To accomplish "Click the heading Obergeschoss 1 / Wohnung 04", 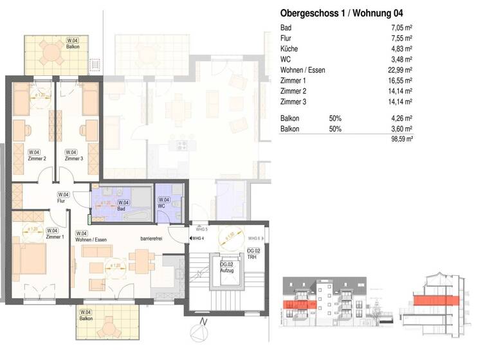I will tap(342, 13).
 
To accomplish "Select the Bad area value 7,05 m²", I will tap(400, 27).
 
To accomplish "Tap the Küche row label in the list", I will tap(289, 49).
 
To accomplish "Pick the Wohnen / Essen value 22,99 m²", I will tap(399, 71).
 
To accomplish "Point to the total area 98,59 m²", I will tap(399, 138).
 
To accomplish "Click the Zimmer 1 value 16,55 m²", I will tap(399, 82).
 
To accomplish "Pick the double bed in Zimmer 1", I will tap(32, 258).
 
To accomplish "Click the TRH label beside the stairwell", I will tap(253, 256).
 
